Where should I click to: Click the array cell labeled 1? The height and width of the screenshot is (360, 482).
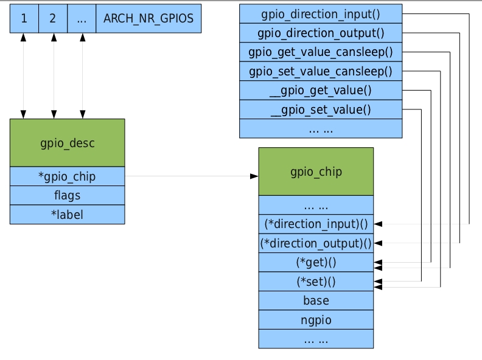tap(24, 18)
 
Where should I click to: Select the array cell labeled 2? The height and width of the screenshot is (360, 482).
tap(53, 18)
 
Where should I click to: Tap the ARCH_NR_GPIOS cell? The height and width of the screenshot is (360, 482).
tap(148, 18)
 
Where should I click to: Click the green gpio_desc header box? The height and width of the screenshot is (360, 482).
tap(67, 143)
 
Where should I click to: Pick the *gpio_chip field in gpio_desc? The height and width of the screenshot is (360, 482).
tap(67, 176)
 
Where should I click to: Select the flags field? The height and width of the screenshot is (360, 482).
tap(67, 195)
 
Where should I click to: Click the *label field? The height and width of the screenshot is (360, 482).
tap(67, 214)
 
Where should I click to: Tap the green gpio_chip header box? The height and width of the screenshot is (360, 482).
tap(316, 171)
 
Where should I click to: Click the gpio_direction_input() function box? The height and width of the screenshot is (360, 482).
tap(321, 13)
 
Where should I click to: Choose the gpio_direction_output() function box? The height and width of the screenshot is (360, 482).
tap(321, 32)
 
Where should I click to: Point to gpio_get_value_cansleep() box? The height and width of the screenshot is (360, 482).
tap(321, 52)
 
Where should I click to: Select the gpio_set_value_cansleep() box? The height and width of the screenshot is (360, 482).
tap(321, 71)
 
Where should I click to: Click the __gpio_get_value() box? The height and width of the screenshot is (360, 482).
tap(321, 91)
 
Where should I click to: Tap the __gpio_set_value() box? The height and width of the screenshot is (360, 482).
tap(321, 110)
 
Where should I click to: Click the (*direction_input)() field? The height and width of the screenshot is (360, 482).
tap(316, 224)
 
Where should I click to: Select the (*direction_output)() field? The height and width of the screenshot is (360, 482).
tap(316, 243)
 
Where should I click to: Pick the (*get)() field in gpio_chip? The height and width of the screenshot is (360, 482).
tap(316, 263)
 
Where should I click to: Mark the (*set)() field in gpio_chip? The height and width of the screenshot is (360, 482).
tap(316, 282)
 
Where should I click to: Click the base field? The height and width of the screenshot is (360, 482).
tap(316, 300)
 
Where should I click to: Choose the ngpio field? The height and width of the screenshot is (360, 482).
tap(316, 319)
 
